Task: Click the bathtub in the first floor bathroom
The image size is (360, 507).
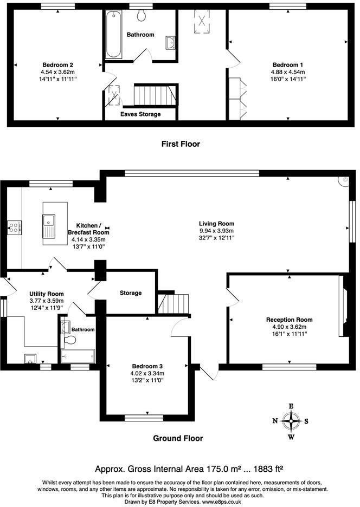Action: tap(114, 35)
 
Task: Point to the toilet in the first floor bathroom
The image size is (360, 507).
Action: tap(142, 16)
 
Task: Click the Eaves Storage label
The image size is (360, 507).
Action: tap(140, 114)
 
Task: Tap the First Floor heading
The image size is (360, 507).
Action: tap(181, 144)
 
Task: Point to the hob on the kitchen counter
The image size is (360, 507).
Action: tap(14, 227)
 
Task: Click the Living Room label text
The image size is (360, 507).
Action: tap(216, 223)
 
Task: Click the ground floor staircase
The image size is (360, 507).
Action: tap(173, 303)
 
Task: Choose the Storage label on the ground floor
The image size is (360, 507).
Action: tap(131, 293)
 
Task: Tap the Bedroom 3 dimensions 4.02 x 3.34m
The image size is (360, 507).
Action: tap(146, 373)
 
